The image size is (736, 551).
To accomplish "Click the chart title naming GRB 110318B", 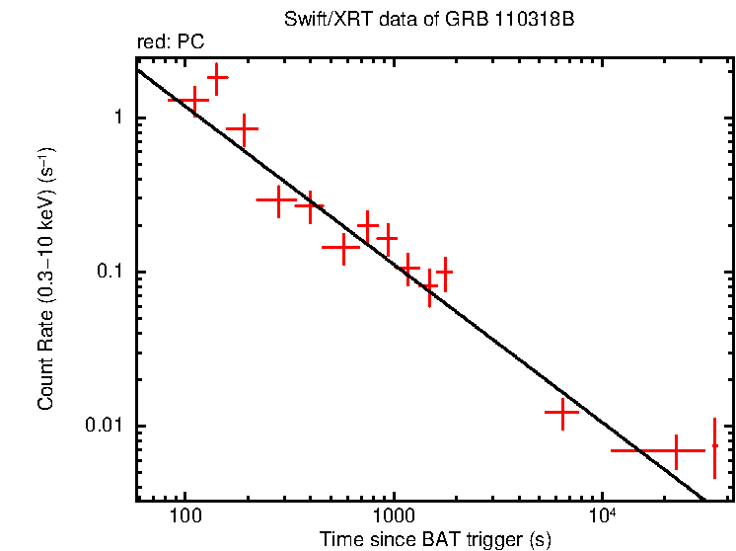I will coord(435,21).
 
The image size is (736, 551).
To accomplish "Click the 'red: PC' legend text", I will coord(170,43).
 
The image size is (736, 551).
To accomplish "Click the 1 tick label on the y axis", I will coord(116,118).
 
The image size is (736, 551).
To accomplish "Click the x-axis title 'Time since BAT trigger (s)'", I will coord(435,539).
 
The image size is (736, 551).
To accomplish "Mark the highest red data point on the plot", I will coord(217,77).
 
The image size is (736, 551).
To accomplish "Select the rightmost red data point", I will coord(714,446).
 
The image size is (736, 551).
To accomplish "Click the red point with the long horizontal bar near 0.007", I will coord(676,450).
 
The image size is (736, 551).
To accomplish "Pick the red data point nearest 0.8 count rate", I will coord(243,128).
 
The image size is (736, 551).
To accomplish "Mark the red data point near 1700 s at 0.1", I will coord(445,271).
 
